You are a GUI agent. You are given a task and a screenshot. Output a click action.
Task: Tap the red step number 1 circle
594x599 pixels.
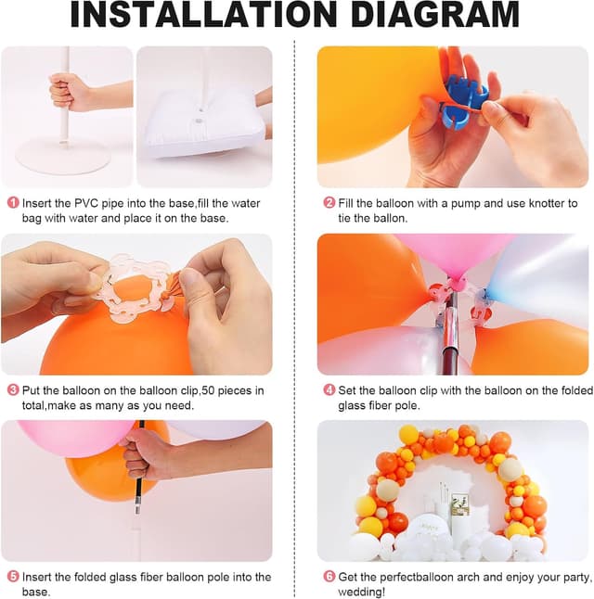point(13,203)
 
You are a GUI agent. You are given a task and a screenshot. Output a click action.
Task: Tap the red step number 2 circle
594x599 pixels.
point(329,203)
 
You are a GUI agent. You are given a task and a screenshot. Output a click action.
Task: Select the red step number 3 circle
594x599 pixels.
point(13,390)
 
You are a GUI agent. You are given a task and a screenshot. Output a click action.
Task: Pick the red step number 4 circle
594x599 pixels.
point(329,390)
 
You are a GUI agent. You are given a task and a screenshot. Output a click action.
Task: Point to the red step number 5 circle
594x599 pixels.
point(13,577)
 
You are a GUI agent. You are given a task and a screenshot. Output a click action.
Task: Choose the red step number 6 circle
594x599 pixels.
point(329,577)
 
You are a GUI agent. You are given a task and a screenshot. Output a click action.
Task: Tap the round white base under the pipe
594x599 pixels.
point(62,154)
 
